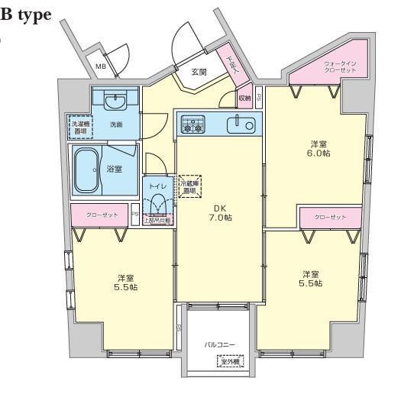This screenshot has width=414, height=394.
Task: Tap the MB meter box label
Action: click(100, 67)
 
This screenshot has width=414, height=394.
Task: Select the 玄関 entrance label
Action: click(199, 72)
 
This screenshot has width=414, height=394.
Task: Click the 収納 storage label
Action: click(244, 98)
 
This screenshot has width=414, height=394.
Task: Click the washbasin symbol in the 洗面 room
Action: click(116, 102)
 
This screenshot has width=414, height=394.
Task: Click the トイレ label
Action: click(158, 186)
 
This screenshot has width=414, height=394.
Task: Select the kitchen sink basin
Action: click(244, 124)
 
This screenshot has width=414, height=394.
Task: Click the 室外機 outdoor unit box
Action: click(230, 362)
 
